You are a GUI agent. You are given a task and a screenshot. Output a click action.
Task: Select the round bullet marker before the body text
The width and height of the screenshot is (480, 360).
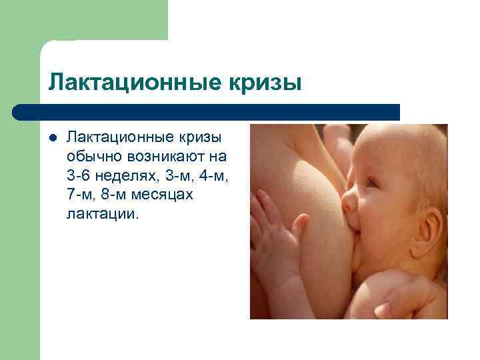coord(53,137)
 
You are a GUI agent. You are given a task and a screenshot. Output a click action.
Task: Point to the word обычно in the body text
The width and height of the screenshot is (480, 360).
coord(91,157)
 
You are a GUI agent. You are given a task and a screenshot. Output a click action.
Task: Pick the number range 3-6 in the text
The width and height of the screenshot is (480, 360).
coord(80,176)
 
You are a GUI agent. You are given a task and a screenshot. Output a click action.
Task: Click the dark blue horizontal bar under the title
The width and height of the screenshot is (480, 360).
coord(207,112)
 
